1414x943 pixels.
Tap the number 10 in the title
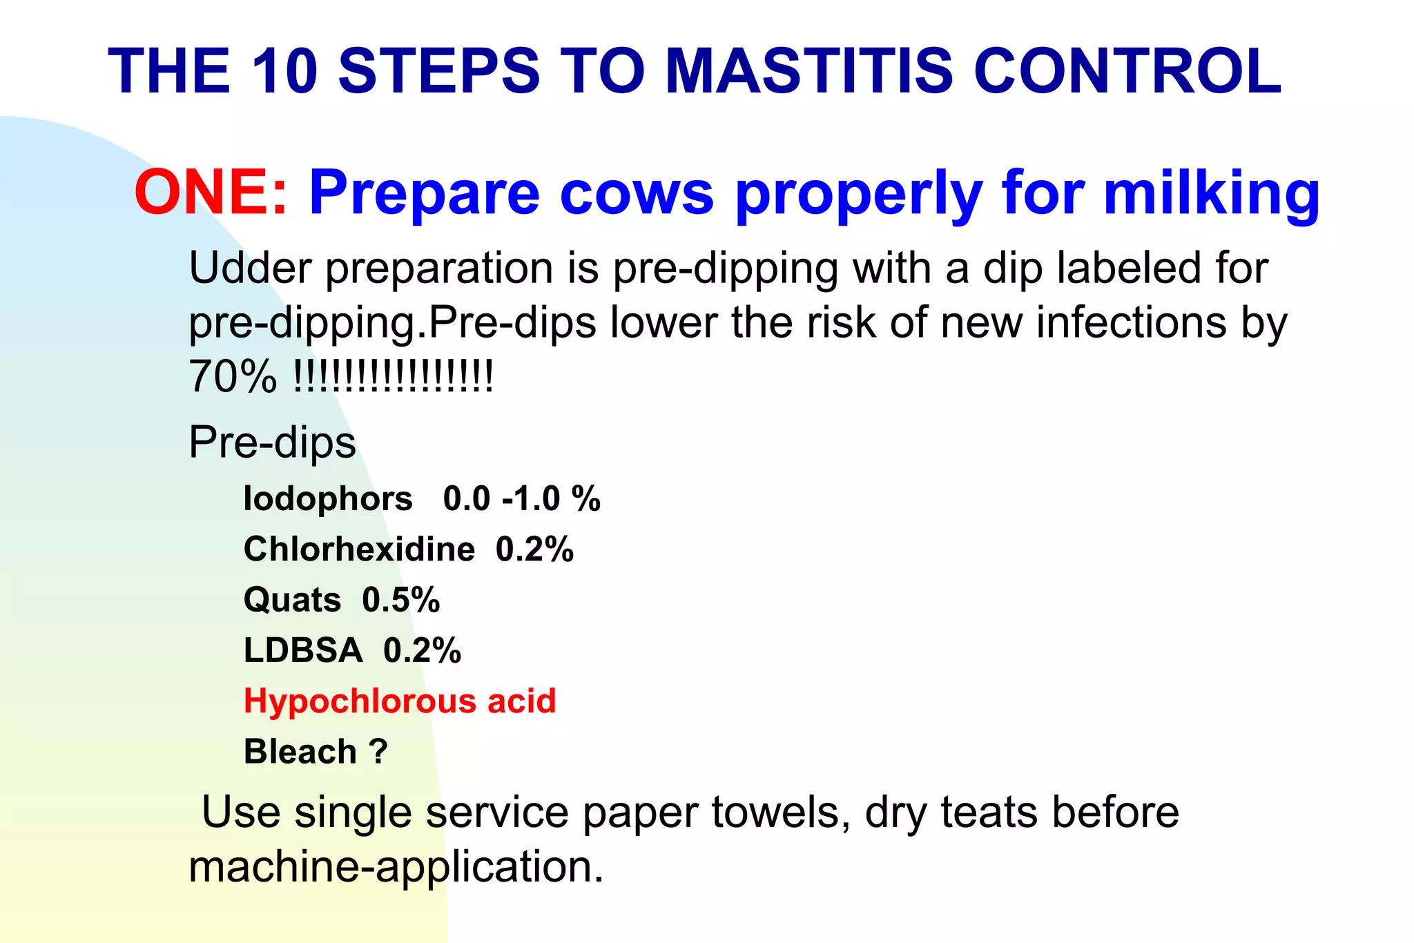(284, 71)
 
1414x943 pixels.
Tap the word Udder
(250, 268)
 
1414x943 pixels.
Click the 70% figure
(232, 378)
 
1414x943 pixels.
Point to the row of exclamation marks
(394, 376)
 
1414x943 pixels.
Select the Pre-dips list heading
(272, 443)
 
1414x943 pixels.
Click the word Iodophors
(328, 498)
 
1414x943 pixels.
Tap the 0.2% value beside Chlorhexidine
(534, 550)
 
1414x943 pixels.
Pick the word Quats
(292, 600)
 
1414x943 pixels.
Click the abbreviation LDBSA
(303, 650)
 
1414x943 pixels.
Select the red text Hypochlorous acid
(400, 701)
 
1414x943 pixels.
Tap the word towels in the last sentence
(781, 813)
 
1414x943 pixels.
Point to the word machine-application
(396, 867)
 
